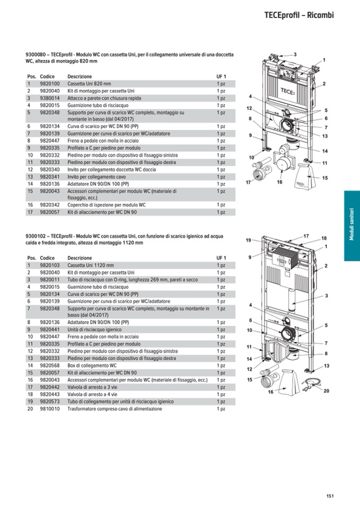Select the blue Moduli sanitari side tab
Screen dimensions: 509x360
click(352, 226)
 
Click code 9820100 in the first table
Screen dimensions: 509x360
click(50, 84)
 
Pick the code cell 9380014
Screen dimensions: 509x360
click(50, 98)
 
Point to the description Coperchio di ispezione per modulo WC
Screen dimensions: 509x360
click(106, 204)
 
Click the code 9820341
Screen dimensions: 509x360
click(50, 177)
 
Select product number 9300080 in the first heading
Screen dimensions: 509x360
click(36, 55)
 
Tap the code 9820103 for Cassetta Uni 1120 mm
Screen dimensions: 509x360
click(50, 265)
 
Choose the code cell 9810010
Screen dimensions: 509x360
click(50, 409)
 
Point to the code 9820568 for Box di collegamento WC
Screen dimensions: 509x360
click(50, 366)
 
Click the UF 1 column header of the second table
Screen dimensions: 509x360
click(221, 258)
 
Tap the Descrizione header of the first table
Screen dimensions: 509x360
click(80, 76)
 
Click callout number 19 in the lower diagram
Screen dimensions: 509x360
click(248, 240)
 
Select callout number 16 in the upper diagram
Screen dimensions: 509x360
click(279, 182)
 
